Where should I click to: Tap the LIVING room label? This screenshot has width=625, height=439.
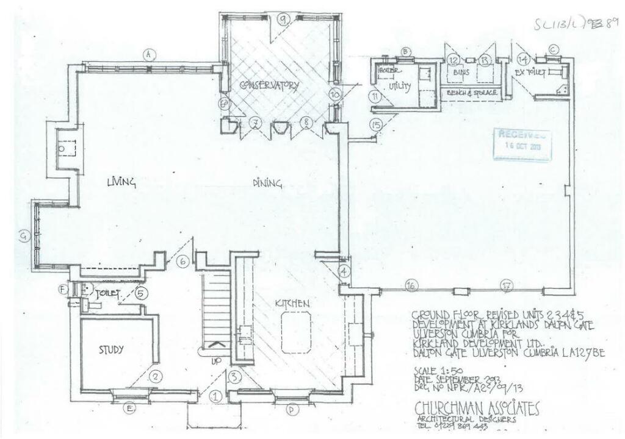point(121,182)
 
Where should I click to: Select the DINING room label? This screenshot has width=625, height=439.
point(268,182)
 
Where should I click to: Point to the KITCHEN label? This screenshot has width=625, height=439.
point(292,303)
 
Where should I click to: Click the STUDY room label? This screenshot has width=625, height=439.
point(112,350)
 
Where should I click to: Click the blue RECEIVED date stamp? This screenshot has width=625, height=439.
point(522,143)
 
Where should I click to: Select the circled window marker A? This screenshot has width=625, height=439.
point(147,54)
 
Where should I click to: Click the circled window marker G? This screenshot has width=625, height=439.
point(24,238)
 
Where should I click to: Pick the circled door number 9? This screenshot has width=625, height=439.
point(283,19)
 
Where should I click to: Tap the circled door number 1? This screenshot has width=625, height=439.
point(214,396)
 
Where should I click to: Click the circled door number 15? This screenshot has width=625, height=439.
point(376,124)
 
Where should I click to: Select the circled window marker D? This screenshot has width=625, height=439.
point(292,410)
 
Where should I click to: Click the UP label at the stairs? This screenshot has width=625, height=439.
point(215,362)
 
